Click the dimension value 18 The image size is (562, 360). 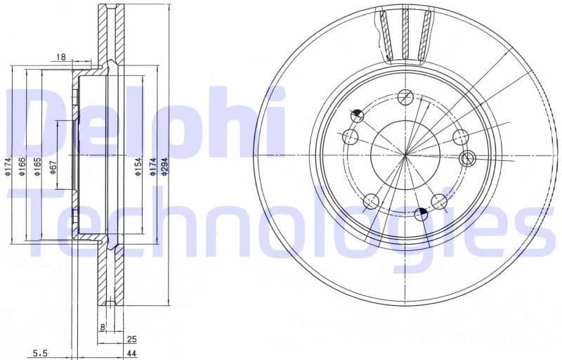[61, 56]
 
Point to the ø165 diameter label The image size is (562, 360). [38, 166]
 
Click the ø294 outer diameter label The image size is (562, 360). [164, 166]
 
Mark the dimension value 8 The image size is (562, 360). [103, 328]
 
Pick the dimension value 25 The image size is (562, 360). [131, 339]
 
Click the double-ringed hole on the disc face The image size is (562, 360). [467, 159]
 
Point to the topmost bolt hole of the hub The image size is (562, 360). [405, 97]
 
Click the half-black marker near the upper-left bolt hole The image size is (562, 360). [358, 115]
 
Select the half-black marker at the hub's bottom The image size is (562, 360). [421, 214]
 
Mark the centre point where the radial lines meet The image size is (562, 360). [405, 155]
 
